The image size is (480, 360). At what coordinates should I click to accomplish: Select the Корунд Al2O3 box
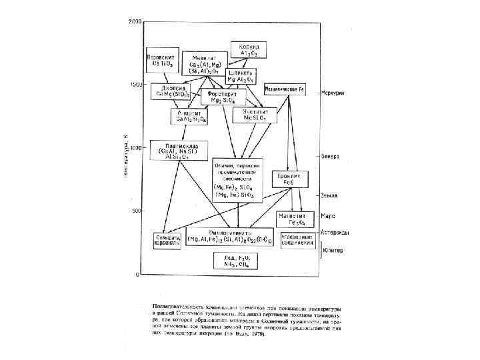point(249,49)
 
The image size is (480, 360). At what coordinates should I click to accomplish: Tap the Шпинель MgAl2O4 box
point(241,75)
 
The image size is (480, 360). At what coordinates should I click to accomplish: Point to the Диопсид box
point(170,91)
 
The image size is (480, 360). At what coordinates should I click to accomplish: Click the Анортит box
point(191,117)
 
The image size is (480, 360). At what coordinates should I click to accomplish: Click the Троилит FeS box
point(288,179)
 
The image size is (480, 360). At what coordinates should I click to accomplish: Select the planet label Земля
point(329,195)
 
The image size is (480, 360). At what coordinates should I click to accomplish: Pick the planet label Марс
point(327,216)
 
